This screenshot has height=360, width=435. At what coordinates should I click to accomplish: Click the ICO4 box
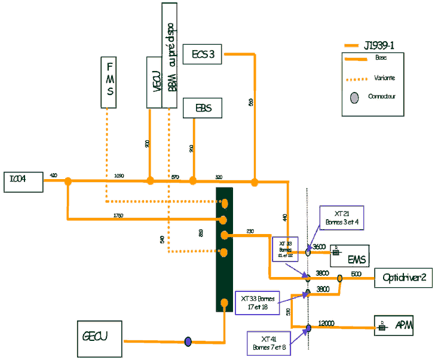coord(23,182)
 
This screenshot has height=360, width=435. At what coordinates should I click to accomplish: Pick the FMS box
coord(109,82)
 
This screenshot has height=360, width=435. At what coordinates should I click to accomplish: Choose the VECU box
coord(154,82)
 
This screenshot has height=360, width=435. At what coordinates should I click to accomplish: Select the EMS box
coord(357,256)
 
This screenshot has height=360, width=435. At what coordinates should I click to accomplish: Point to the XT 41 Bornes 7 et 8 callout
coord(269,343)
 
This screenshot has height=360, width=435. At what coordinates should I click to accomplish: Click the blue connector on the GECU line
coord(188,341)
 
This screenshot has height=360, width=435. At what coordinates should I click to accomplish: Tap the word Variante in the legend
coord(385,78)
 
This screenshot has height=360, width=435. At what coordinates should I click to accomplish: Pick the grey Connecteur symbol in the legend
coord(354,97)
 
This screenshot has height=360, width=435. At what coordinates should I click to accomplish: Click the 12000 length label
coord(327,323)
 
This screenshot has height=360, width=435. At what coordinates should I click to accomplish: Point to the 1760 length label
coord(118,216)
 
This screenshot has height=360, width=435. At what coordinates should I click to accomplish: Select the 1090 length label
coord(120,176)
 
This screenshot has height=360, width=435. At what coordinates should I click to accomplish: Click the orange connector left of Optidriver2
coord(340,278)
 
